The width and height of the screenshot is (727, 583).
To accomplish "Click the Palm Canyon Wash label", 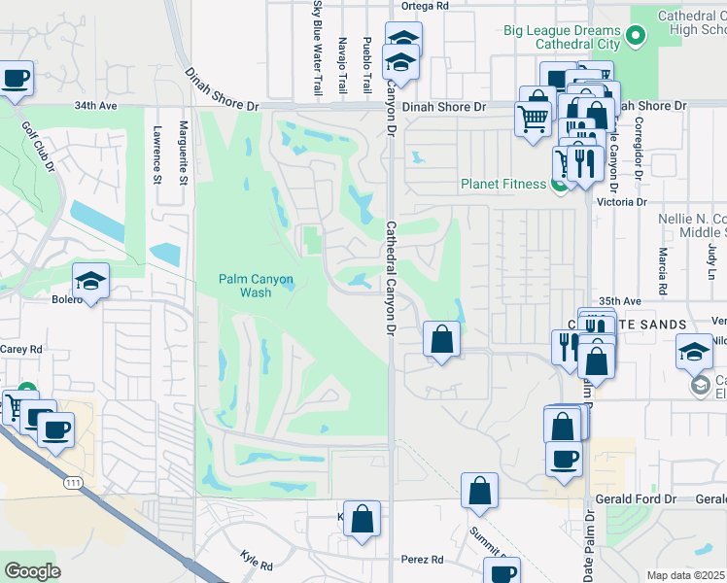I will pyautogui.click(x=256, y=286).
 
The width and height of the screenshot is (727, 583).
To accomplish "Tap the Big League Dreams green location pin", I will pyautogui.click(x=637, y=37).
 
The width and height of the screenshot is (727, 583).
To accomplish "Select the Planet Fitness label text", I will pyautogui.click(x=502, y=185).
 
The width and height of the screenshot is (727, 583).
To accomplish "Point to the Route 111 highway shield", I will pyautogui.click(x=73, y=482).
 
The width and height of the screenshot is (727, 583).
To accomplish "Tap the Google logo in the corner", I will pyautogui.click(x=32, y=571).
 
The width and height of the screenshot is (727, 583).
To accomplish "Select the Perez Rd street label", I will pyautogui.click(x=423, y=560).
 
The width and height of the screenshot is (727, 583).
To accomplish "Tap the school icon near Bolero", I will pyautogui.click(x=91, y=281).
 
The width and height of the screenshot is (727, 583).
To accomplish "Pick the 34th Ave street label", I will pyautogui.click(x=95, y=105).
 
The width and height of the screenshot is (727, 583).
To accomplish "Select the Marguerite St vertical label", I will pyautogui.click(x=183, y=151).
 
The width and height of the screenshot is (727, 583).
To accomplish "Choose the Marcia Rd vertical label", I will pyautogui.click(x=661, y=270).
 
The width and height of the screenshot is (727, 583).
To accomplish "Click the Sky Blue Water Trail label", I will pyautogui.click(x=317, y=49).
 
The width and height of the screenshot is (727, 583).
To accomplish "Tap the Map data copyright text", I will pyautogui.click(x=686, y=575).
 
